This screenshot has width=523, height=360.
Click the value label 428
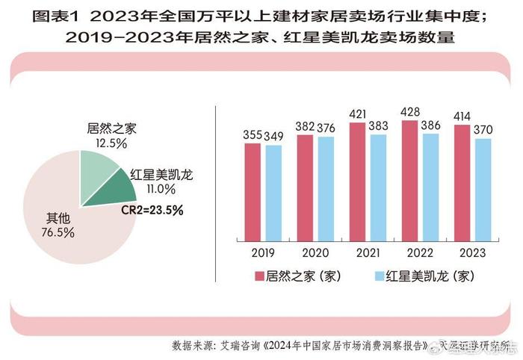(x=409, y=112)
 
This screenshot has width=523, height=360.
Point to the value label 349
(x=274, y=137)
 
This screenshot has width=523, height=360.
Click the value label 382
(x=305, y=128)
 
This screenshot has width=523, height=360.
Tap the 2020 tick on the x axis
(x=315, y=252)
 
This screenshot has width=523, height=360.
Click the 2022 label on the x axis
(x=420, y=252)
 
